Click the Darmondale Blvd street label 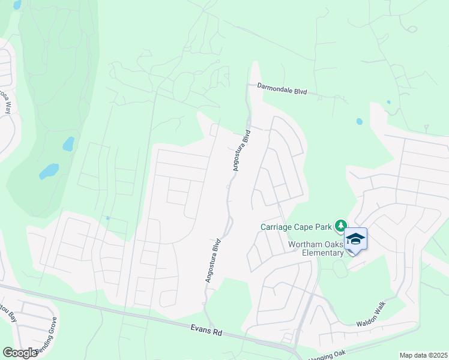pos(282,89)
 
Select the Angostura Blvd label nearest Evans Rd pos(212,262)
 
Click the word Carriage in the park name pos(277,227)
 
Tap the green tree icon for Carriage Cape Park pos(341,226)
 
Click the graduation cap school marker pos(355,239)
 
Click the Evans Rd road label pos(207,330)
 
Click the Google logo pos(20,353)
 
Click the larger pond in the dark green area pos(49,172)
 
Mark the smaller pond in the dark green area pos(68,144)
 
